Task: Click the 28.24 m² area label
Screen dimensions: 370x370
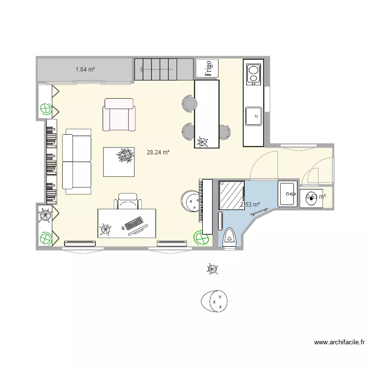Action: click(158, 152)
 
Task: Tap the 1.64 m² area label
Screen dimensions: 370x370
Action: click(85, 70)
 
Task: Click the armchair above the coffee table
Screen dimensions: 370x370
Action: click(119, 114)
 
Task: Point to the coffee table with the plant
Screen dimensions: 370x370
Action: click(119, 161)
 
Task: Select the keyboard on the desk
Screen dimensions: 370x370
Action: click(134, 223)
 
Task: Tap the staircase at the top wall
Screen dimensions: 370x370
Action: click(163, 69)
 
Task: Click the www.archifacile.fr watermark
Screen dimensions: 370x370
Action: click(339, 342)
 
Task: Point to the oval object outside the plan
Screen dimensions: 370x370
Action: click(215, 300)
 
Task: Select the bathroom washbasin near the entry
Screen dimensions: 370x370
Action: click(288, 194)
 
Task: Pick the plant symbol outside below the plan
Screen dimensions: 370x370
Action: click(212, 269)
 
